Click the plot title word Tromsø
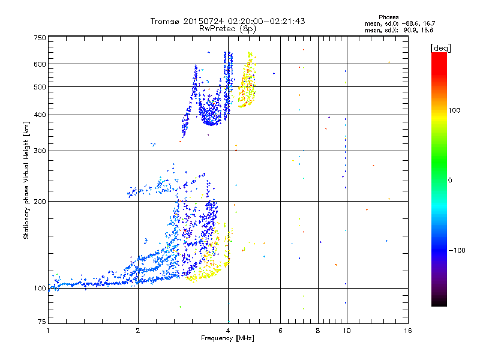164,21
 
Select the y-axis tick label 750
40,38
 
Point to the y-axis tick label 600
40,64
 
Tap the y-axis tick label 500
40,87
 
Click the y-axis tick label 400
40,115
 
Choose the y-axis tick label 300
40,151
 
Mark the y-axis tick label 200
40,202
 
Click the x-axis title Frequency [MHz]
227,339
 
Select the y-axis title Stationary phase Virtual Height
26,180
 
